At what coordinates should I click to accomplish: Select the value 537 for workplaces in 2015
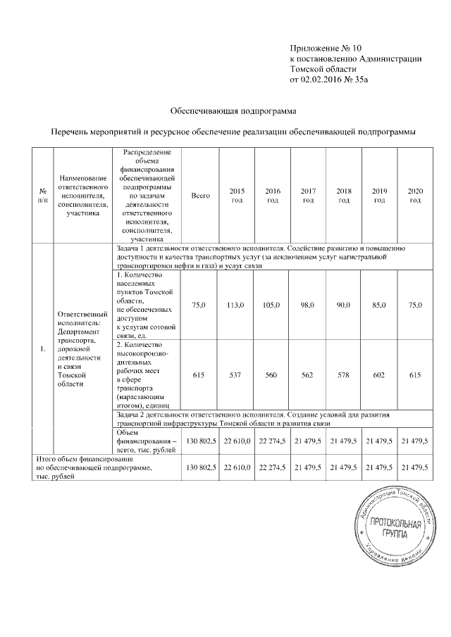click(x=236, y=376)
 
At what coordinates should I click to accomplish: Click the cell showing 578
click(x=344, y=376)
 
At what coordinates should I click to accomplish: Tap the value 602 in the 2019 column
click(x=380, y=376)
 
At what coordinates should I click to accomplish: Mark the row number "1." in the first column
click(x=43, y=348)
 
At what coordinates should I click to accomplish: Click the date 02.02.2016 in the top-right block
click(x=324, y=80)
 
